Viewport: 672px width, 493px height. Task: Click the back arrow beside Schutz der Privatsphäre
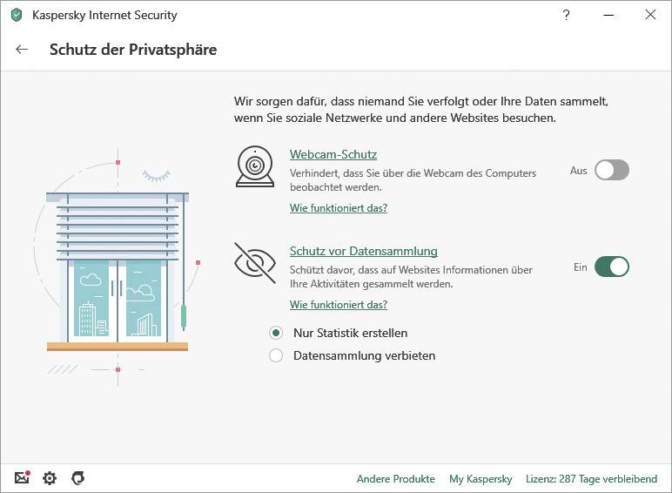click(22, 50)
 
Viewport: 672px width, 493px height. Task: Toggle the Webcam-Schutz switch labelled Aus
click(611, 171)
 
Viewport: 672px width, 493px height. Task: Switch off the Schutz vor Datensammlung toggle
click(611, 267)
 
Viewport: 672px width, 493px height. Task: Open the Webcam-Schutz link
click(333, 154)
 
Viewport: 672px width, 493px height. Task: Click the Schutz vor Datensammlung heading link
click(363, 251)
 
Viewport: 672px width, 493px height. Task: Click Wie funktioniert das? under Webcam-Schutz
click(338, 208)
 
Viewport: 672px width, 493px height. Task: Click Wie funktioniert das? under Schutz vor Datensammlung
click(338, 305)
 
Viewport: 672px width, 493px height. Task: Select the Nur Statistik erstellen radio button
click(276, 333)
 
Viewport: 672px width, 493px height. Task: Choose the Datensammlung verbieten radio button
click(276, 355)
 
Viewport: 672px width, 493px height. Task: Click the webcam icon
click(254, 166)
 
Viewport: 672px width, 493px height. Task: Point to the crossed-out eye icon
click(254, 263)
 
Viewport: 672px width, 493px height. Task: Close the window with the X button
click(650, 15)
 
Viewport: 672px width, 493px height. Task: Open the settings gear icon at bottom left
click(50, 478)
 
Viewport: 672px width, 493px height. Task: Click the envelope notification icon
click(22, 478)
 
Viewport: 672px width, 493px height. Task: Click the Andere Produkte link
click(395, 479)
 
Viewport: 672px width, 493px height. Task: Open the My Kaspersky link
click(480, 479)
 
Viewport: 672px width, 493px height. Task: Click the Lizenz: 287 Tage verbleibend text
click(591, 479)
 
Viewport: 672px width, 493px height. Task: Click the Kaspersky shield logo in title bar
click(16, 15)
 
